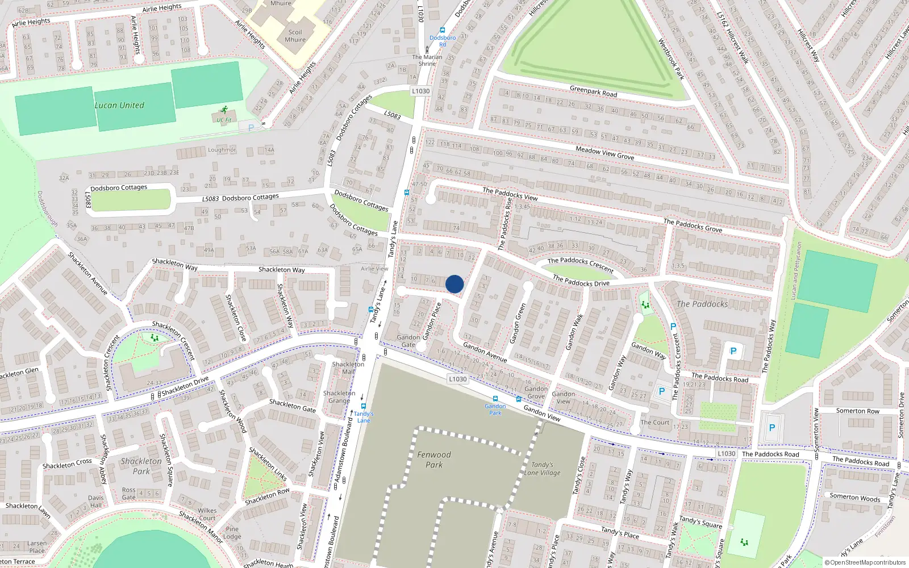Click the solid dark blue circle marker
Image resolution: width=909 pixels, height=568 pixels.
click(x=454, y=284)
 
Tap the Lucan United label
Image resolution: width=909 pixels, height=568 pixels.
click(x=119, y=105)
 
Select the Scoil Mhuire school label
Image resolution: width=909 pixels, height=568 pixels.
click(x=295, y=36)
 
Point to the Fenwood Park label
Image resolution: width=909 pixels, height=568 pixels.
click(x=434, y=460)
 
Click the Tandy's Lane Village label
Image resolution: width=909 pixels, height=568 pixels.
click(x=542, y=469)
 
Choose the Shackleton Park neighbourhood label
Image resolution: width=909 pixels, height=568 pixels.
click(x=141, y=466)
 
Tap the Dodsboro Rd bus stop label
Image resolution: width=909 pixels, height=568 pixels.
click(x=443, y=41)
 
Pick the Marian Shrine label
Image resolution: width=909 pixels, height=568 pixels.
click(x=427, y=60)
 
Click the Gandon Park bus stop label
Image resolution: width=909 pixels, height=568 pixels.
click(x=495, y=409)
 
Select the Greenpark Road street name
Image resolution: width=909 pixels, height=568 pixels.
click(x=593, y=91)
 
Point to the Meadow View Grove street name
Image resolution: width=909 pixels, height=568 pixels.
click(x=604, y=153)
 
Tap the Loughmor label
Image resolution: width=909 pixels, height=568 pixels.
click(x=222, y=150)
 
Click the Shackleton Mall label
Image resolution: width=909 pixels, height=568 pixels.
click(x=348, y=368)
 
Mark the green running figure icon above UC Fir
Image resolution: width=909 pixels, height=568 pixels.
click(x=224, y=110)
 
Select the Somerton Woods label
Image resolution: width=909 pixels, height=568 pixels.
click(x=854, y=497)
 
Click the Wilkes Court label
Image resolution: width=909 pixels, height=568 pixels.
click(x=207, y=514)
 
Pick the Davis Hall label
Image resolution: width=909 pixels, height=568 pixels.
click(x=96, y=502)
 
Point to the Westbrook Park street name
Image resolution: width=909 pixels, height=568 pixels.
click(x=671, y=59)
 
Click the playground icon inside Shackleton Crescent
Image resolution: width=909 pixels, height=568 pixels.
click(x=155, y=338)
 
